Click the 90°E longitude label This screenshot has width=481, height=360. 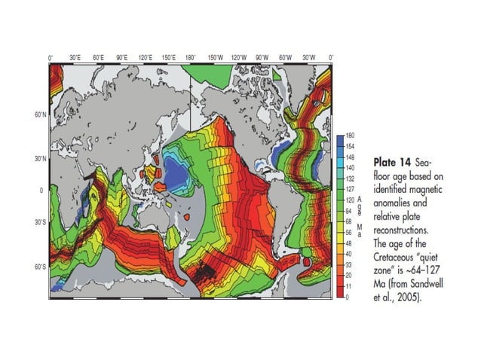click(x=121, y=57)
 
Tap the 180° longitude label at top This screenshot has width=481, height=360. click(x=191, y=57)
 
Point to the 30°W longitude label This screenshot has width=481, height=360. click(x=308, y=57)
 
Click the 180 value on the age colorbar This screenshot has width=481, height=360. click(x=351, y=135)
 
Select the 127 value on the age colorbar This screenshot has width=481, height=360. click(x=351, y=189)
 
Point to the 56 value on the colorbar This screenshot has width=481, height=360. click(x=350, y=233)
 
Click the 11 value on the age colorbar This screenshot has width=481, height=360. click(x=349, y=286)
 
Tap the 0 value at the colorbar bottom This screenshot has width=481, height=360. click(x=348, y=297)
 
